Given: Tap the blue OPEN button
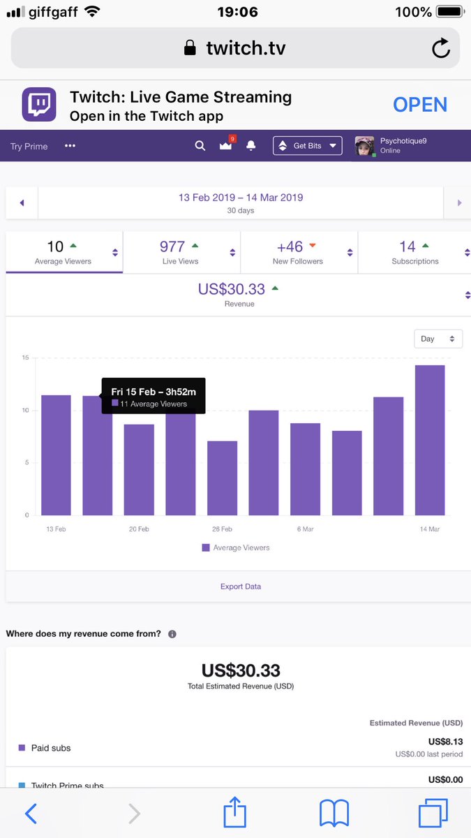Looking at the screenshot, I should (x=419, y=105).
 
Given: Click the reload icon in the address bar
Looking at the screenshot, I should (x=440, y=48).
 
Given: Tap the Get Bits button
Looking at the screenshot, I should (x=307, y=146).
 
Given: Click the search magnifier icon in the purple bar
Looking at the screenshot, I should (x=200, y=146).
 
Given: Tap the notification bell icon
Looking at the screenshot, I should (x=251, y=146).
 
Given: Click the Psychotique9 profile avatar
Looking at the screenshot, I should (x=365, y=146).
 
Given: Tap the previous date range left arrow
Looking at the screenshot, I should (x=22, y=203).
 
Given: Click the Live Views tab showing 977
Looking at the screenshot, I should (x=181, y=252).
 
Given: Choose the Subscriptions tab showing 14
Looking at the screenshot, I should (x=414, y=252).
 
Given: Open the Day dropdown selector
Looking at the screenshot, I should (x=438, y=339).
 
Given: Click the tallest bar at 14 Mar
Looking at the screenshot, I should (x=430, y=440).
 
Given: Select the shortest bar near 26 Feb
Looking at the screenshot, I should (x=222, y=478).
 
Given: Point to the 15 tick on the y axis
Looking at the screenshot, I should (x=25, y=358).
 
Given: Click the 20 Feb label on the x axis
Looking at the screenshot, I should (x=139, y=529).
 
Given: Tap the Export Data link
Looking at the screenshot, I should (x=241, y=587).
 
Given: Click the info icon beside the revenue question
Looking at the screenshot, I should (x=172, y=634).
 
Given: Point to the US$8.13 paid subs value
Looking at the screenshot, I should (x=445, y=742).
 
